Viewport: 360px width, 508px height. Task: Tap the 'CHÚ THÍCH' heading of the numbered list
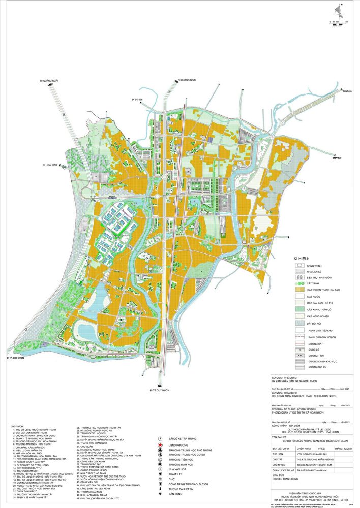[16, 426]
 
